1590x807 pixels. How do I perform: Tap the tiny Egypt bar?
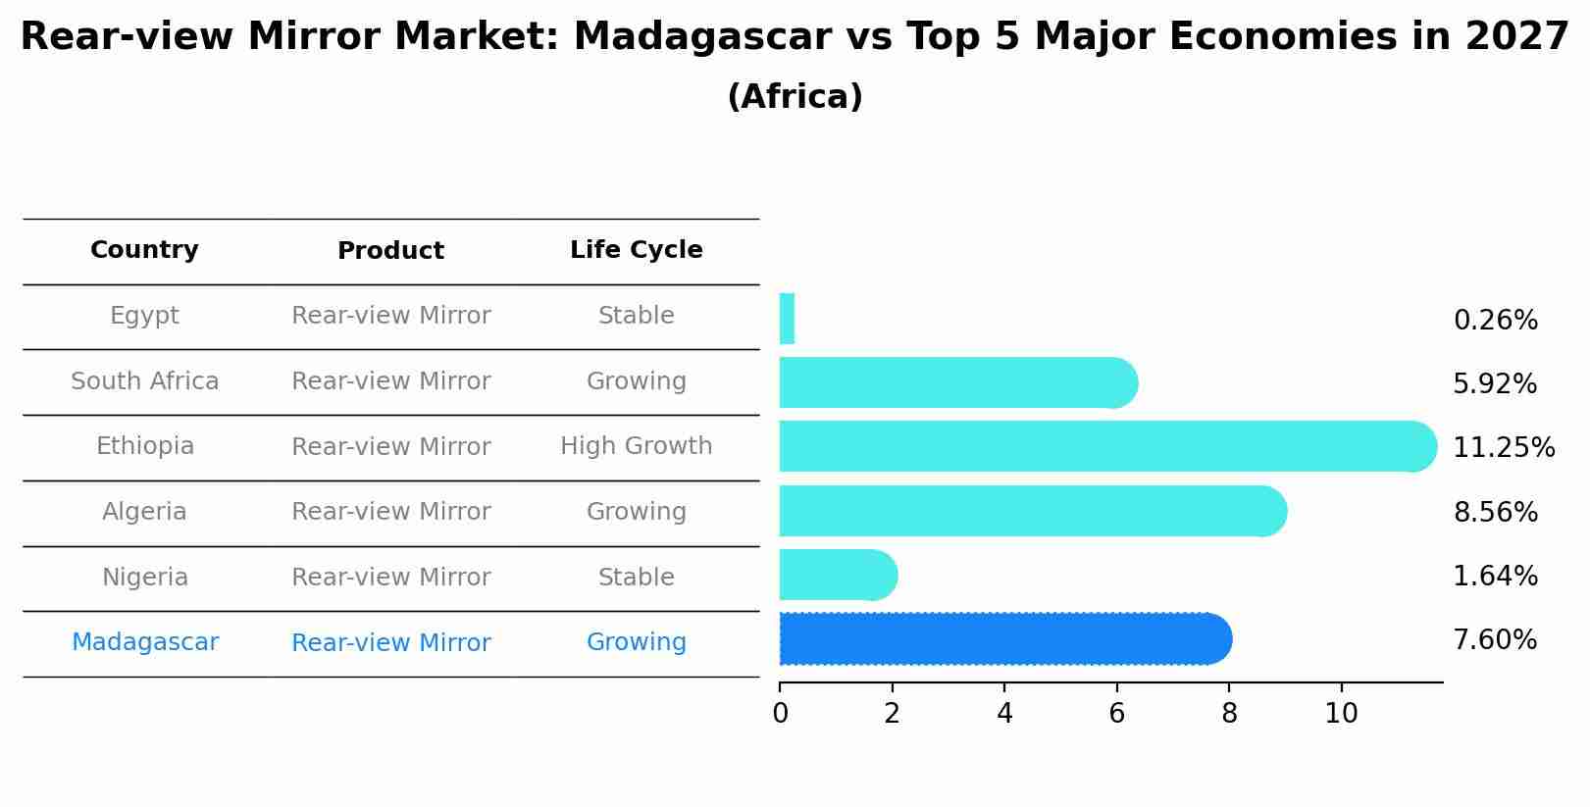pos(787,319)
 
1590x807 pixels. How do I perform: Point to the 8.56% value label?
pos(1495,512)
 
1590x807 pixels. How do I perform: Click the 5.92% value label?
pos(1495,383)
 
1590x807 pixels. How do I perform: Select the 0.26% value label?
pos(1495,321)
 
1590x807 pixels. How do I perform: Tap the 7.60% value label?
pos(1495,640)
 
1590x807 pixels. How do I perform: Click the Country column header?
pos(144,250)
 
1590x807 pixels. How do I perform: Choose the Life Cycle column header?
pos(636,250)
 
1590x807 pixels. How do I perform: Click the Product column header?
pos(390,251)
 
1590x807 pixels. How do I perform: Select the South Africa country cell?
pos(144,381)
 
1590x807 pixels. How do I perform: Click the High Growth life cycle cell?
pos(636,446)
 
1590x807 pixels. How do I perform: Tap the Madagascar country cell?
pos(144,642)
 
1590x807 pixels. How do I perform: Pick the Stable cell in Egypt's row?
pos(636,316)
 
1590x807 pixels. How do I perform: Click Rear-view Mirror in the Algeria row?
pos(390,512)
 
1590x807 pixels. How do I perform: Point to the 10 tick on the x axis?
pos(1341,714)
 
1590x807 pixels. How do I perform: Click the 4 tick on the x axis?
pos(1004,714)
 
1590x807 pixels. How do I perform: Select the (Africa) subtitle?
pos(795,97)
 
